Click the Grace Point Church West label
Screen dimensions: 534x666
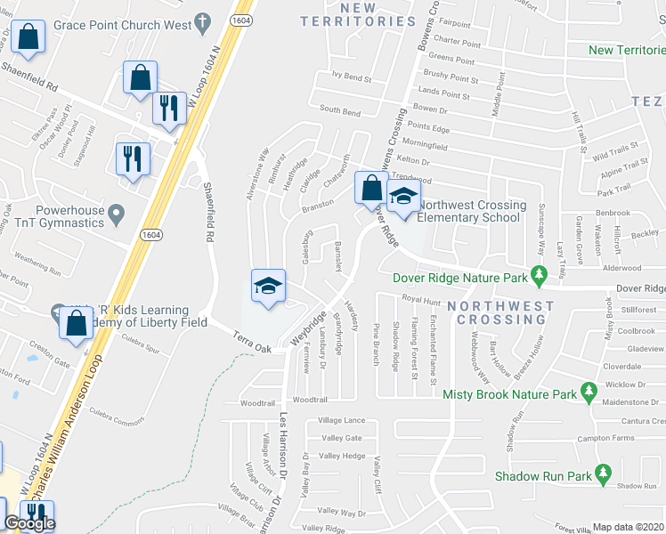click(x=122, y=25)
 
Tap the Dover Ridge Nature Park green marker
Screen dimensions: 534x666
click(x=538, y=277)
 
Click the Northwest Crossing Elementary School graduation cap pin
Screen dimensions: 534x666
click(x=403, y=198)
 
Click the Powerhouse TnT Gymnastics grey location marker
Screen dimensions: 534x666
click(x=115, y=213)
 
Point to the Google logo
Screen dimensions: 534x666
click(x=28, y=523)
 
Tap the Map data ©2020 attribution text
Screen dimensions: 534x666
click(x=629, y=527)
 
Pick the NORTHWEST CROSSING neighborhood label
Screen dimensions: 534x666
click(x=500, y=312)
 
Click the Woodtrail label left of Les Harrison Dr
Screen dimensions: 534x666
click(x=258, y=403)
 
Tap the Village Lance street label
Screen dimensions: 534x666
click(x=342, y=420)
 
